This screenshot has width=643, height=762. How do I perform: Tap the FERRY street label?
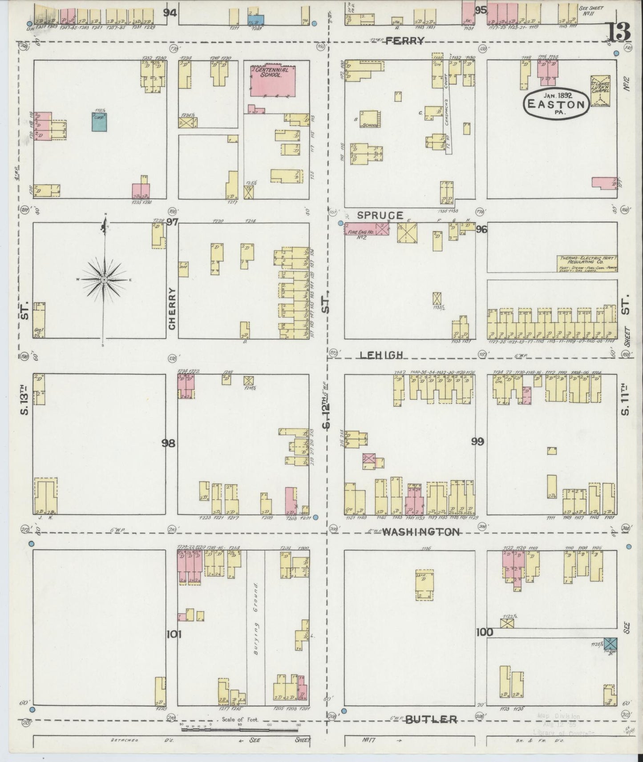(x=404, y=41)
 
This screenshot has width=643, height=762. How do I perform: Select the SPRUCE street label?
(x=380, y=216)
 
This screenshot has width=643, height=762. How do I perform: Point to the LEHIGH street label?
(x=382, y=354)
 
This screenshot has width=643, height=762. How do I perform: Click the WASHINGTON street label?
(x=421, y=532)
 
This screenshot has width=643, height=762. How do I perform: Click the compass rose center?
(x=104, y=280)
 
